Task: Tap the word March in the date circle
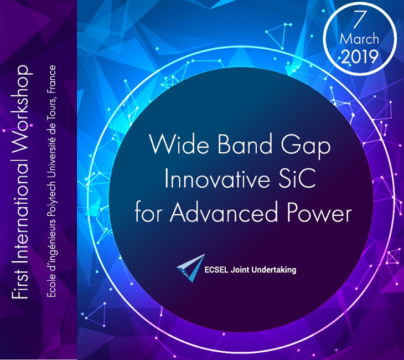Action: (359, 39)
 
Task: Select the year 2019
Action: (360, 56)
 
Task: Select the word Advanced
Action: (224, 213)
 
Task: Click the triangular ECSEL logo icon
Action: (191, 268)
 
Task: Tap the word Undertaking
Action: (273, 270)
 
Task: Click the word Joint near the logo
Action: (240, 270)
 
